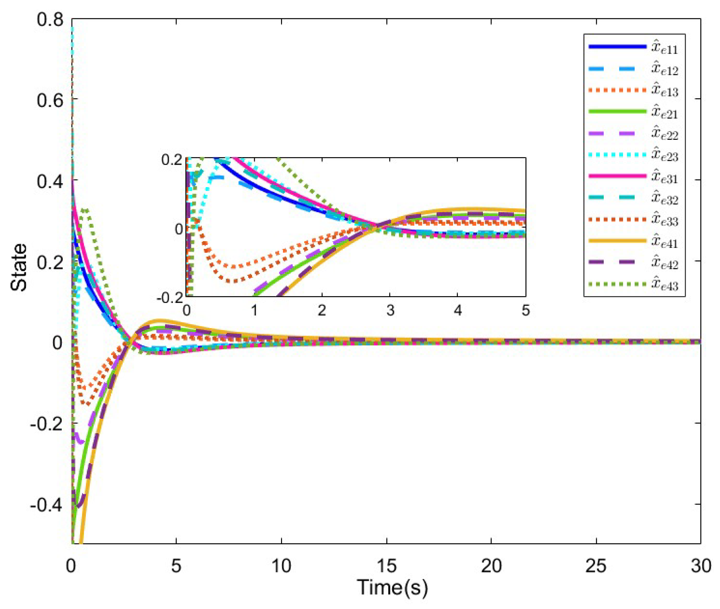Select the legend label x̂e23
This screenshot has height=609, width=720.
(x=664, y=155)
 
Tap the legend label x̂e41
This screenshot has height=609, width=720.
(x=664, y=242)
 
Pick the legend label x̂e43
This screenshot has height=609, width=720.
(x=664, y=285)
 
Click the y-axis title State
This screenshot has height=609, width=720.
(x=19, y=268)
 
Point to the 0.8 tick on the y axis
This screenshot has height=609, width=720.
(x=50, y=20)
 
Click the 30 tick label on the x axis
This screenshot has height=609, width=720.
(x=701, y=566)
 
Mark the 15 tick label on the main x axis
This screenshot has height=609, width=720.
(x=386, y=566)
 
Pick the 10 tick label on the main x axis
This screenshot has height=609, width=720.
(x=281, y=566)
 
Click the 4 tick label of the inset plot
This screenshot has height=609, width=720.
(x=458, y=311)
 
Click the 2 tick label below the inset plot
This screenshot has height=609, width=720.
(x=322, y=311)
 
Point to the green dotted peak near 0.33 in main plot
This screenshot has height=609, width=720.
(x=84, y=210)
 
